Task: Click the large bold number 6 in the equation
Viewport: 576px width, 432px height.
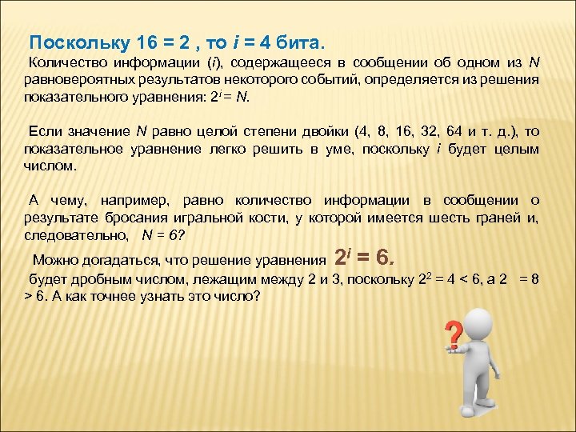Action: (382, 257)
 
